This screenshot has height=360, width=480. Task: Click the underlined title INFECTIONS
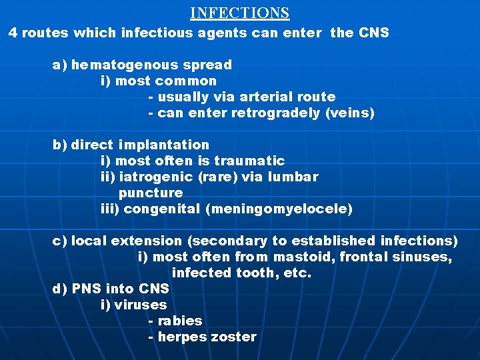tap(239, 13)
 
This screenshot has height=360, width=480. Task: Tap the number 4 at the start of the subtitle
tap(13, 32)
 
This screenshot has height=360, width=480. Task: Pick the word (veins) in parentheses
tap(350, 113)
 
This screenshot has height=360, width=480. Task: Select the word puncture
tap(151, 193)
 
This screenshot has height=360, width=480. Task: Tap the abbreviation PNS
tap(86, 289)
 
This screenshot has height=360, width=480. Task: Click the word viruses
tap(141, 305)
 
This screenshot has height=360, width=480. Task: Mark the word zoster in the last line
tap(233, 337)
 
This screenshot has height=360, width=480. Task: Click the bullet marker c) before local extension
tap(59, 241)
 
